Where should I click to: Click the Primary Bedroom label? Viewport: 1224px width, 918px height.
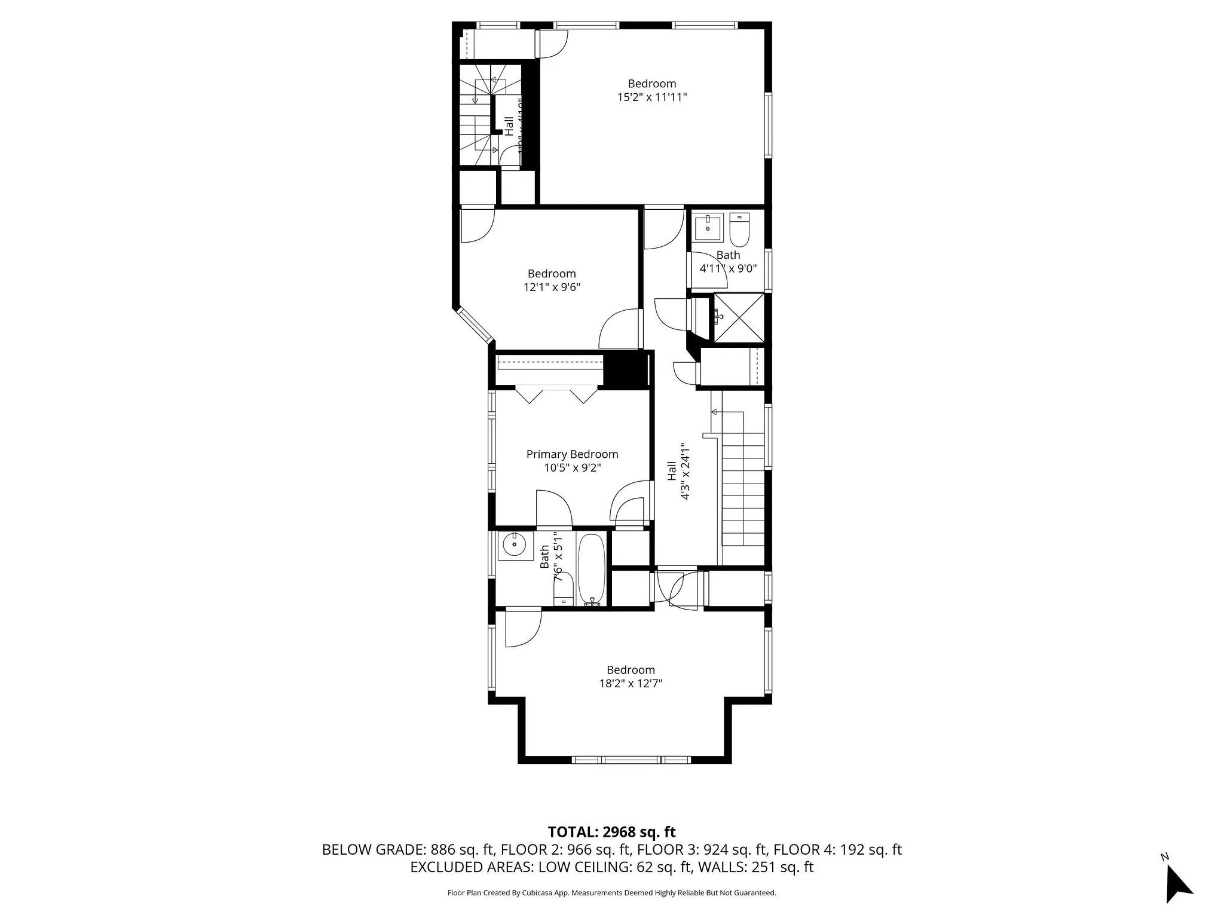point(572,454)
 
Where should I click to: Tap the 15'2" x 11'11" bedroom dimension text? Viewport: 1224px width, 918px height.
point(652,97)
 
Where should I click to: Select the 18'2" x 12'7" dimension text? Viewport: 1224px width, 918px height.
point(631,683)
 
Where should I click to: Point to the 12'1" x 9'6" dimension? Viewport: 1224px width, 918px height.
point(552,287)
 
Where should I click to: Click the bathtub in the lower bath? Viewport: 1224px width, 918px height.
point(592,569)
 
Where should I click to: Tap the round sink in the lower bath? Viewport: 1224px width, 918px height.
point(514,544)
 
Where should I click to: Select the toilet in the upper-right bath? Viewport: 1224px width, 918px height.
point(739,231)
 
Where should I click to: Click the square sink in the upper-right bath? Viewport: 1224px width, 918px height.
point(709,227)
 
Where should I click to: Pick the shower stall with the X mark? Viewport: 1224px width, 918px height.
point(739,318)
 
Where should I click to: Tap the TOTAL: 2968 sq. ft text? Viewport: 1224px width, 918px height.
point(611,832)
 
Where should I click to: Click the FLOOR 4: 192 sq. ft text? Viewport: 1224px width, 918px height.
point(837,849)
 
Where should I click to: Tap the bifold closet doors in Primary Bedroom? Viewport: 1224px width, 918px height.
point(556,396)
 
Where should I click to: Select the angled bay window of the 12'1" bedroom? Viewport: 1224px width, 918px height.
point(474,326)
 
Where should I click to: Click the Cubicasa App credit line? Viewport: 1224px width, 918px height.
point(611,893)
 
